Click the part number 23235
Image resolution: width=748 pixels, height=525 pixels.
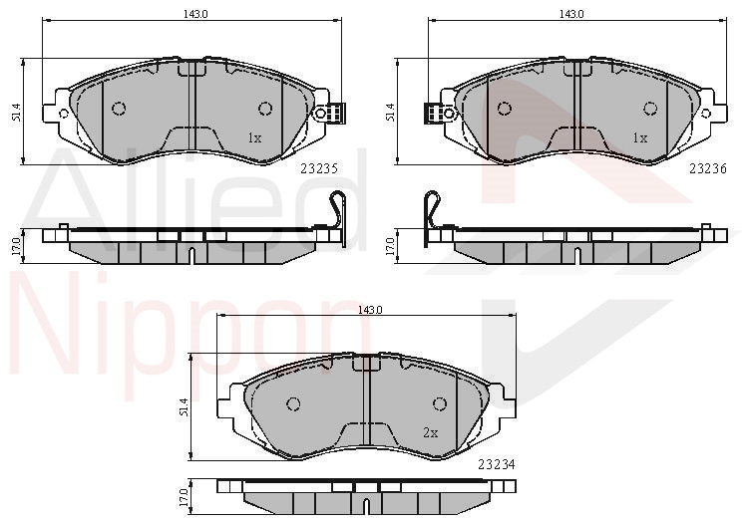pyautogui.click(x=319, y=168)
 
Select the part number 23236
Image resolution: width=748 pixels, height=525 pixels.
pyautogui.click(x=708, y=168)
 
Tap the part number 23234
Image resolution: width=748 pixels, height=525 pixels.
pyautogui.click(x=497, y=464)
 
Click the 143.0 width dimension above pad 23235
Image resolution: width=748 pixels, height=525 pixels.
pyautogui.click(x=195, y=14)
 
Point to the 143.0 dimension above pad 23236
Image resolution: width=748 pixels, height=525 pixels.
pyautogui.click(x=571, y=14)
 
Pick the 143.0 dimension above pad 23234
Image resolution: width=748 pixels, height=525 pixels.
pyautogui.click(x=370, y=310)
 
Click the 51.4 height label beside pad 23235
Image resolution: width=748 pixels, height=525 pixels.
pyautogui.click(x=17, y=113)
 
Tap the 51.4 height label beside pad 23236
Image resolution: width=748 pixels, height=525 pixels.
pyautogui.click(x=390, y=113)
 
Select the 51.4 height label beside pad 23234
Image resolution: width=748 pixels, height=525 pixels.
pyautogui.click(x=185, y=407)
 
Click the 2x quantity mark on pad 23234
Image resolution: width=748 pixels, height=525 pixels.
pyautogui.click(x=430, y=432)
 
